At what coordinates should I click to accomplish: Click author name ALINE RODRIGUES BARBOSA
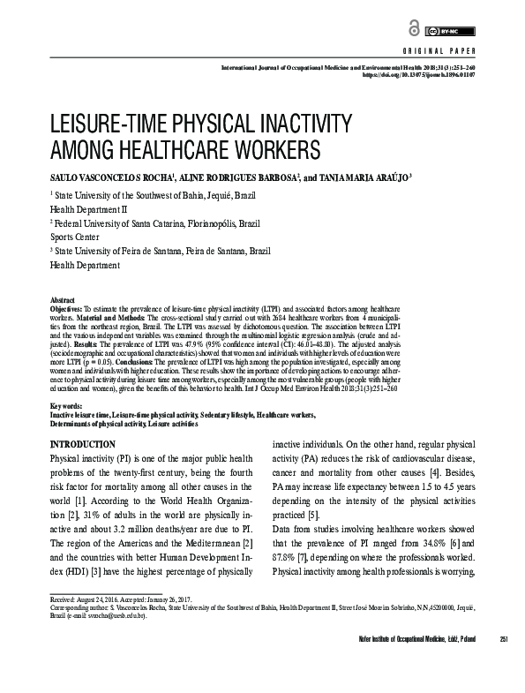[223, 176]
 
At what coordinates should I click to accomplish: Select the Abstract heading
[64, 301]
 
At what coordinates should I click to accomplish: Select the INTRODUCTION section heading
[83, 443]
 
